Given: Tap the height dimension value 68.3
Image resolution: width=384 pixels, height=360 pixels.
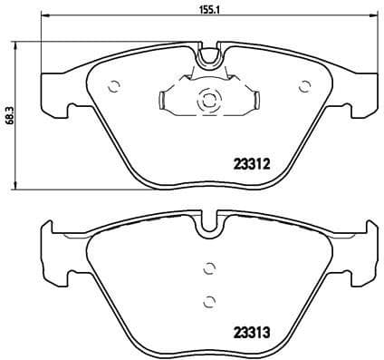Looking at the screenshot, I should pyautogui.click(x=10, y=114).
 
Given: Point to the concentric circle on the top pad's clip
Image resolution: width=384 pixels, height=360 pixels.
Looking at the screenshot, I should pyautogui.click(x=207, y=101).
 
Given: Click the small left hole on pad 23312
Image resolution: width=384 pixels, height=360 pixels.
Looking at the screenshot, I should pyautogui.click(x=114, y=87).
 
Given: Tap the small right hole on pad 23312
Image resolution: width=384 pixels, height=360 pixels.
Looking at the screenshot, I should pyautogui.click(x=304, y=87).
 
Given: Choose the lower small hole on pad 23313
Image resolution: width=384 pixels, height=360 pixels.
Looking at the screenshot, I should pyautogui.click(x=209, y=301).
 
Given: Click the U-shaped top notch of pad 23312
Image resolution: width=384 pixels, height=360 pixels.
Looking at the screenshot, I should pyautogui.click(x=209, y=56).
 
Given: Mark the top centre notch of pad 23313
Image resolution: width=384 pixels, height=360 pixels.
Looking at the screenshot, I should pyautogui.click(x=209, y=222).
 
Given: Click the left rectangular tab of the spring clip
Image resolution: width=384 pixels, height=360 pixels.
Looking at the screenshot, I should pyautogui.click(x=163, y=101).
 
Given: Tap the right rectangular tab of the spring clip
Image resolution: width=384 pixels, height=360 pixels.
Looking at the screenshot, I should pyautogui.click(x=254, y=101).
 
